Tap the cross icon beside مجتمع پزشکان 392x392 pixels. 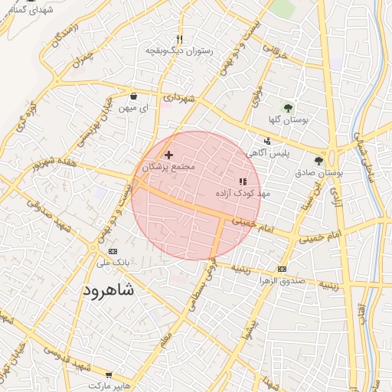tap(169, 155)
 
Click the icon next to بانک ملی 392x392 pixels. tap(114, 251)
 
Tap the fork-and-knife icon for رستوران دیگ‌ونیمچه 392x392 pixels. tap(179, 39)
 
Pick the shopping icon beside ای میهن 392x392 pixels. tap(134, 96)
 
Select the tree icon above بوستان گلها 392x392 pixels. tap(289, 107)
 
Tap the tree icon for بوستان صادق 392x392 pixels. tap(318, 161)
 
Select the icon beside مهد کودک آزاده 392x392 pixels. tap(243, 181)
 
